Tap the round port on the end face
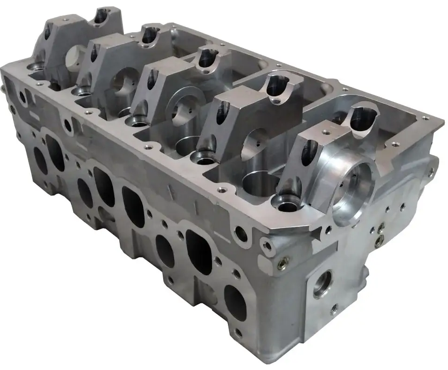pyautogui.click(x=322, y=284)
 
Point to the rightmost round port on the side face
pyautogui.click(x=234, y=296)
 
